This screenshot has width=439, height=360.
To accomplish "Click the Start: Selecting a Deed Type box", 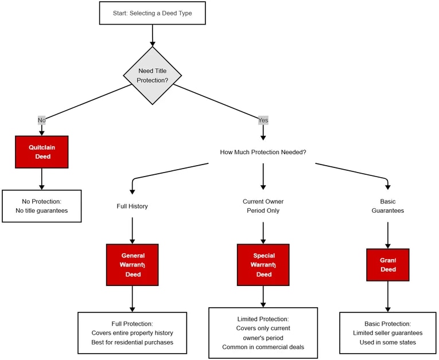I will [152, 13].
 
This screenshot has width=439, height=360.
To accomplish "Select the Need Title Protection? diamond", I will [153, 76].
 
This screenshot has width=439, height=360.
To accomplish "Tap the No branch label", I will [41, 120].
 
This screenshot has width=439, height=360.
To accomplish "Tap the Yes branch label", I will [263, 120].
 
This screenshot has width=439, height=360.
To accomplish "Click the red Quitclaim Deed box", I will [42, 152].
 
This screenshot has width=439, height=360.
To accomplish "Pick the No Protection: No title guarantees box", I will [42, 206].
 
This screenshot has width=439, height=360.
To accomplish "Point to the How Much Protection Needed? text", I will [263, 152].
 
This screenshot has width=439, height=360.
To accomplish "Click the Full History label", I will [132, 206].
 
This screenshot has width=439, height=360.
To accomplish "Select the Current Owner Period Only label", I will [263, 206].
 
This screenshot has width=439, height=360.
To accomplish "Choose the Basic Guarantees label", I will [388, 206].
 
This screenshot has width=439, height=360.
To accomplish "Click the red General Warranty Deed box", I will [132, 265].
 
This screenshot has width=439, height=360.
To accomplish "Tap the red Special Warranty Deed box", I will [263, 265].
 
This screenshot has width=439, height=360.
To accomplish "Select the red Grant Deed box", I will [388, 265].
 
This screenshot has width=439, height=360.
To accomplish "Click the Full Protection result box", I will [132, 333].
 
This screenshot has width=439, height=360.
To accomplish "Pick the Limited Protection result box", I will [263, 333].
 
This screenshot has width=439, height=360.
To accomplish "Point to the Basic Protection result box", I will [388, 333].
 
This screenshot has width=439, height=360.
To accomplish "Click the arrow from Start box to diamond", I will [152, 35].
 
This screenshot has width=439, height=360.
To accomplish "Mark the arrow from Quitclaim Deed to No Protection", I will [42, 179].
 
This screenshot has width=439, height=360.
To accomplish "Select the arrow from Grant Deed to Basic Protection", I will [388, 296].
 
